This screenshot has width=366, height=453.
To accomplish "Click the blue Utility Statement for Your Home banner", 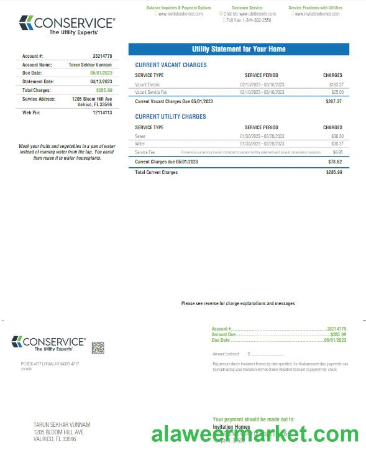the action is click(x=239, y=49).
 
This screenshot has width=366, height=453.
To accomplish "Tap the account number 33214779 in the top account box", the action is click(x=102, y=56).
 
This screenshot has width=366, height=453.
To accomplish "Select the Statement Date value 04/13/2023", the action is click(x=101, y=81).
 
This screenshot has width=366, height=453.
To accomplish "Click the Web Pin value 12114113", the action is click(x=102, y=112).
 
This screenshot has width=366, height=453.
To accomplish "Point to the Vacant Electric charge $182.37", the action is click(x=336, y=84).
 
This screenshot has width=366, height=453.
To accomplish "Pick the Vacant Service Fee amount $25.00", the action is click(x=336, y=92).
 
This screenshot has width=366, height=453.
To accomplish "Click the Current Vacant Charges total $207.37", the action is click(x=334, y=101).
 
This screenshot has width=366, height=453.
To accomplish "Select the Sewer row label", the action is click(x=140, y=135).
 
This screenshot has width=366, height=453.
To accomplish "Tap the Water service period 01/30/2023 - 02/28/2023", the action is click(x=262, y=144).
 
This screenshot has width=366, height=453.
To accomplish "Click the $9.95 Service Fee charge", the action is click(x=337, y=152).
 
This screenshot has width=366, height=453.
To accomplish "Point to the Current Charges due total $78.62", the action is click(x=335, y=162).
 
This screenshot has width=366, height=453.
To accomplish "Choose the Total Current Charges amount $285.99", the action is click(x=334, y=172).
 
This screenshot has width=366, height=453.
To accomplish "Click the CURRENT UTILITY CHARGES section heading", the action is click(x=170, y=116).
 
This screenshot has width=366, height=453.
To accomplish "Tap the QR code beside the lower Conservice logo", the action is click(x=98, y=347).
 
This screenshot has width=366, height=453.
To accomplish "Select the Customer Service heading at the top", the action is click(x=247, y=8).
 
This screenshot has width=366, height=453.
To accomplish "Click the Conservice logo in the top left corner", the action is click(x=66, y=25).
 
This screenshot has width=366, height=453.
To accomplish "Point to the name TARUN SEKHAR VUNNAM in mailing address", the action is click(x=62, y=424).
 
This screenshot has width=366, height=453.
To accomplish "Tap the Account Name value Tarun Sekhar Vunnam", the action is click(x=90, y=64).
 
